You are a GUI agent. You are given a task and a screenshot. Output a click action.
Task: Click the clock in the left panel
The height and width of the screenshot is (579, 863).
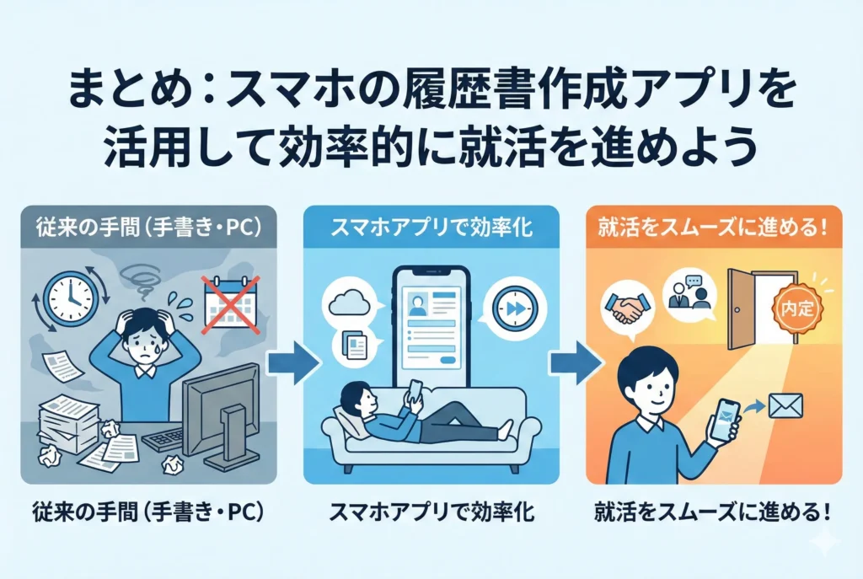(71, 299)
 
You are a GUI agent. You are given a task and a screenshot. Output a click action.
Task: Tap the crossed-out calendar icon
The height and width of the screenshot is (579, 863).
(230, 304)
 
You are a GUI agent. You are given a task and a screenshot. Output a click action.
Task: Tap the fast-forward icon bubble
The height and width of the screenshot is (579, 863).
(514, 308)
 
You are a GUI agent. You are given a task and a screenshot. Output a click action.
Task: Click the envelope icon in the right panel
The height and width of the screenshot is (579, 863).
(785, 406)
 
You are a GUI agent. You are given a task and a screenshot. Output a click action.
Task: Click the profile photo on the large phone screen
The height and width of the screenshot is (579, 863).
(418, 304)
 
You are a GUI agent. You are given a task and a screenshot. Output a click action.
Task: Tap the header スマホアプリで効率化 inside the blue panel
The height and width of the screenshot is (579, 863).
(432, 227)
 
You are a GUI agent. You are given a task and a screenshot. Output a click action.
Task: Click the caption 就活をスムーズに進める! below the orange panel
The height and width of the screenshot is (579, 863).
(713, 513)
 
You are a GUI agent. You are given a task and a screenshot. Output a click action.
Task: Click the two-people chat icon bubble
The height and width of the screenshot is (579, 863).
(689, 294)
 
